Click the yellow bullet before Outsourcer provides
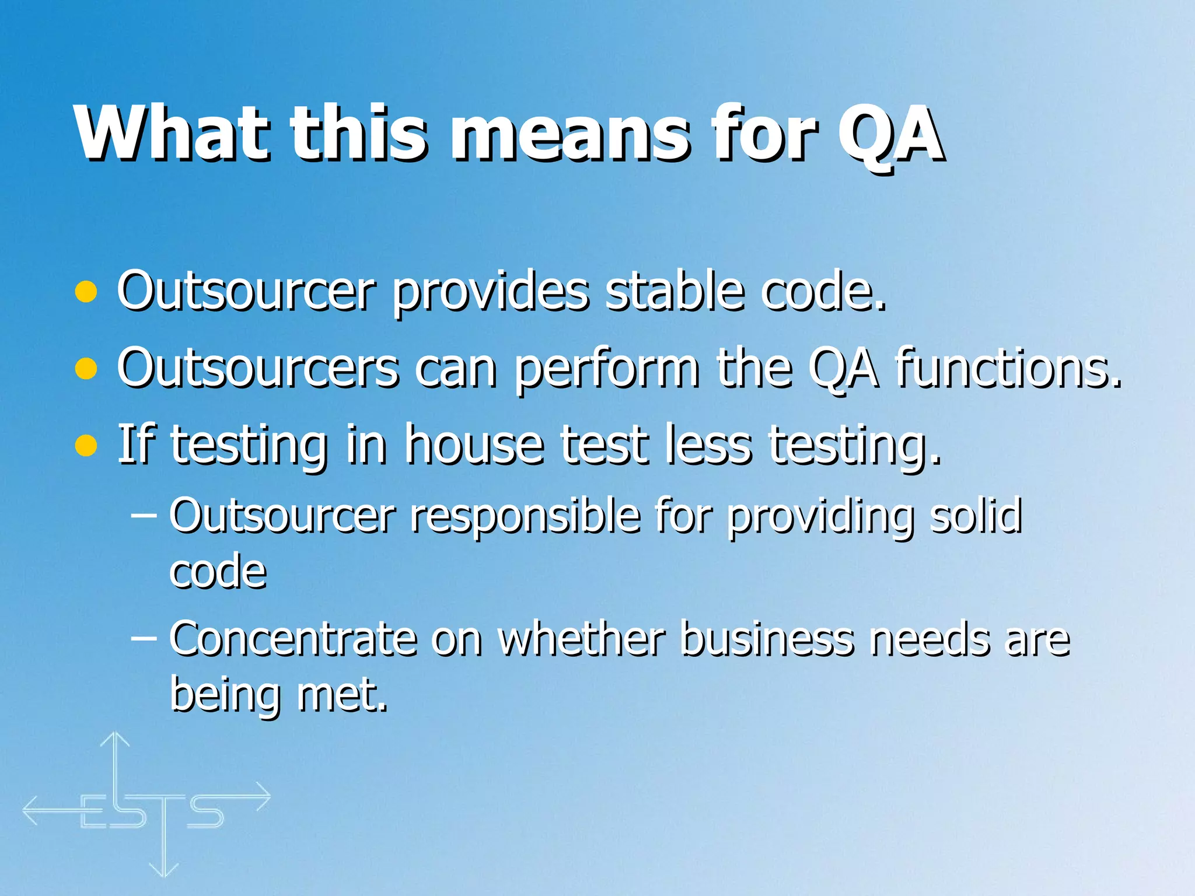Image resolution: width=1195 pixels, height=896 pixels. pos(86,292)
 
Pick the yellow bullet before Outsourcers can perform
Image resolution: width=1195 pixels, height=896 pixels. pos(86,369)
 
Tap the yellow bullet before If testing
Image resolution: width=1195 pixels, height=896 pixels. pos(86,446)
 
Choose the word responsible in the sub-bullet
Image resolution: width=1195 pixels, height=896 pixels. pos(525,516)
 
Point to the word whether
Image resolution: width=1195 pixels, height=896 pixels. pos(581,639)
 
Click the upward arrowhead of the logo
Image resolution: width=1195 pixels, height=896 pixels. pos(115,739)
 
